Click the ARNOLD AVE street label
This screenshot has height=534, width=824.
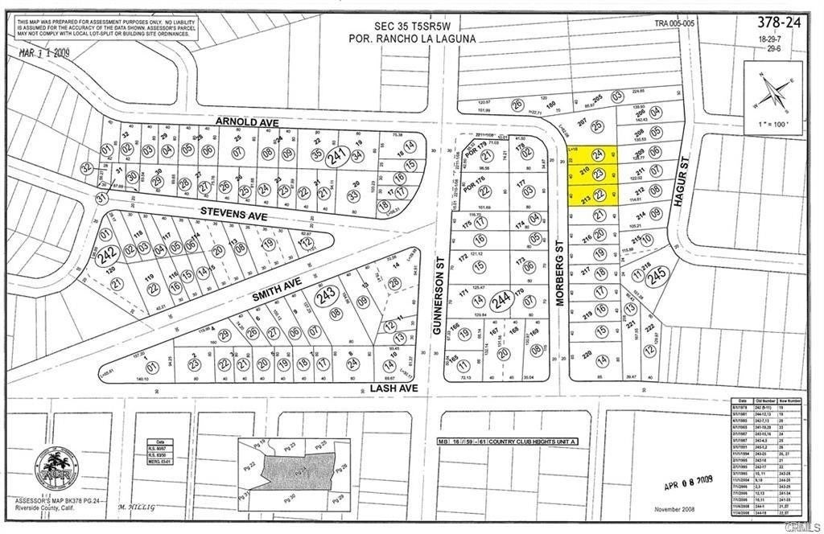coord(246,122)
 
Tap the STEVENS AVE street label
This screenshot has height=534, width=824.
coord(233,213)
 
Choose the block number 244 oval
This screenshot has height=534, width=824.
coord(503,299)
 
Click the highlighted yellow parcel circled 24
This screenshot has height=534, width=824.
coord(598,154)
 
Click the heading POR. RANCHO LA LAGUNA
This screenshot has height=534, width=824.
coord(413,38)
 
